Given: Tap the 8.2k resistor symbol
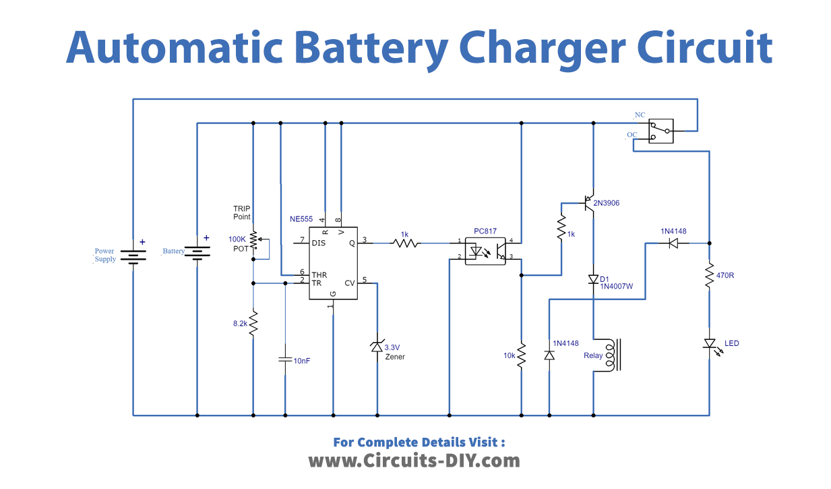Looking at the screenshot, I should (x=253, y=323).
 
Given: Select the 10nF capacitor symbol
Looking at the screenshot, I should (x=285, y=360).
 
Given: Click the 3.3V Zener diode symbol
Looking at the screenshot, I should (x=377, y=347).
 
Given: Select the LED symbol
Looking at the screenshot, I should (x=710, y=344).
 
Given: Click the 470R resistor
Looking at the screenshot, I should (x=709, y=276).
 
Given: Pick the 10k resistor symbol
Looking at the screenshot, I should (x=522, y=355).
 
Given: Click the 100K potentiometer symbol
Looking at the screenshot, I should (x=254, y=239).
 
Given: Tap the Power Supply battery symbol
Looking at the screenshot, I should (x=133, y=254).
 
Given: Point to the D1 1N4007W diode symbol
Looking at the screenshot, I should (x=593, y=279).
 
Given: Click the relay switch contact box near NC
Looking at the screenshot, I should (x=660, y=131).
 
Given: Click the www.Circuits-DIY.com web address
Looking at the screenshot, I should (x=414, y=461).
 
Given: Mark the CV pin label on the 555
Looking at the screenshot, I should (x=349, y=283).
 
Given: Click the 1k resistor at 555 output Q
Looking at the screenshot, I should (x=404, y=242).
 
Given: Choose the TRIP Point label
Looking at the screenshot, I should (x=242, y=212).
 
